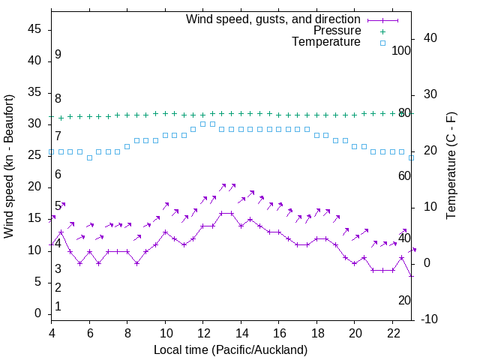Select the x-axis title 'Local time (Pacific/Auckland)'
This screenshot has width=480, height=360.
(x=230, y=349)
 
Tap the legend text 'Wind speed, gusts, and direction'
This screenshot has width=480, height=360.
(x=273, y=19)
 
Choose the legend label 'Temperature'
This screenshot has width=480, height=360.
(x=326, y=43)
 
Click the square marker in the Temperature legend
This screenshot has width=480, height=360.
(x=382, y=43)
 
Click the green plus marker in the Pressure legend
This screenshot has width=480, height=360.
(x=382, y=31)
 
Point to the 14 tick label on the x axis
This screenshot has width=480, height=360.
(x=241, y=333)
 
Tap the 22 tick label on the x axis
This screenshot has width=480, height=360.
(x=392, y=333)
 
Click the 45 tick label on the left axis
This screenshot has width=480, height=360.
(x=34, y=29)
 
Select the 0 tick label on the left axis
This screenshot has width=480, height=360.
(x=39, y=313)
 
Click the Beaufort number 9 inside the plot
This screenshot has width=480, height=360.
(x=58, y=55)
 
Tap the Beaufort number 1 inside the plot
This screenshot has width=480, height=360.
(x=58, y=307)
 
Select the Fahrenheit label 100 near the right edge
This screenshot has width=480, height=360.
(x=401, y=50)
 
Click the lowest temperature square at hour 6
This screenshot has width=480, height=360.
(x=89, y=157)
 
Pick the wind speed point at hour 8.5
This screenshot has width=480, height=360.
(x=136, y=263)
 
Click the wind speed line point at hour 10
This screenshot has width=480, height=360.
(x=165, y=232)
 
